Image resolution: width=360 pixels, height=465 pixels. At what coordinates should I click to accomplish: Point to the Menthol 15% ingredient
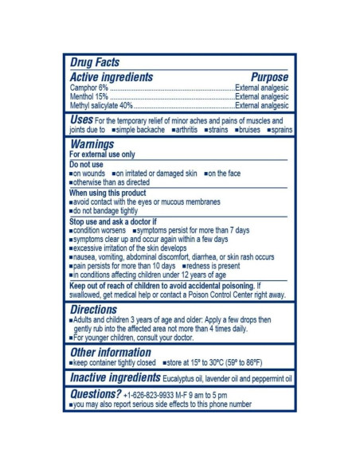(89, 96)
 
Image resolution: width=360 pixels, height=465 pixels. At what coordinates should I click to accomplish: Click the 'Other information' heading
(111, 352)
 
